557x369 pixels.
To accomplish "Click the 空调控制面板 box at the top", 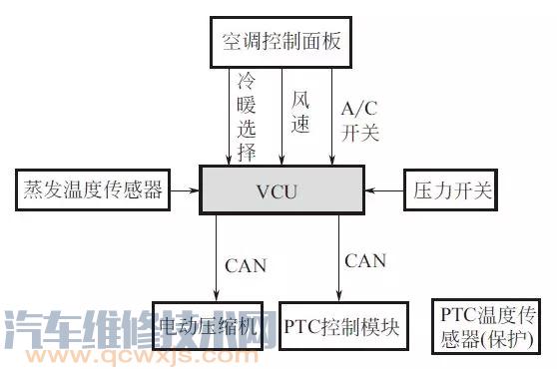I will (283, 42).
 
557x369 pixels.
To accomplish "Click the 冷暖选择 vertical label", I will (248, 114).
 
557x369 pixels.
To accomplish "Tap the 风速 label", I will (299, 112).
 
